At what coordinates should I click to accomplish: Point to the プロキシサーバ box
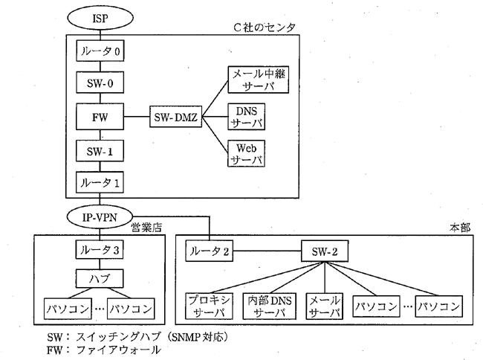[209, 305]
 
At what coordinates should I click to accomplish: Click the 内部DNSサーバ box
[268, 305]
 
